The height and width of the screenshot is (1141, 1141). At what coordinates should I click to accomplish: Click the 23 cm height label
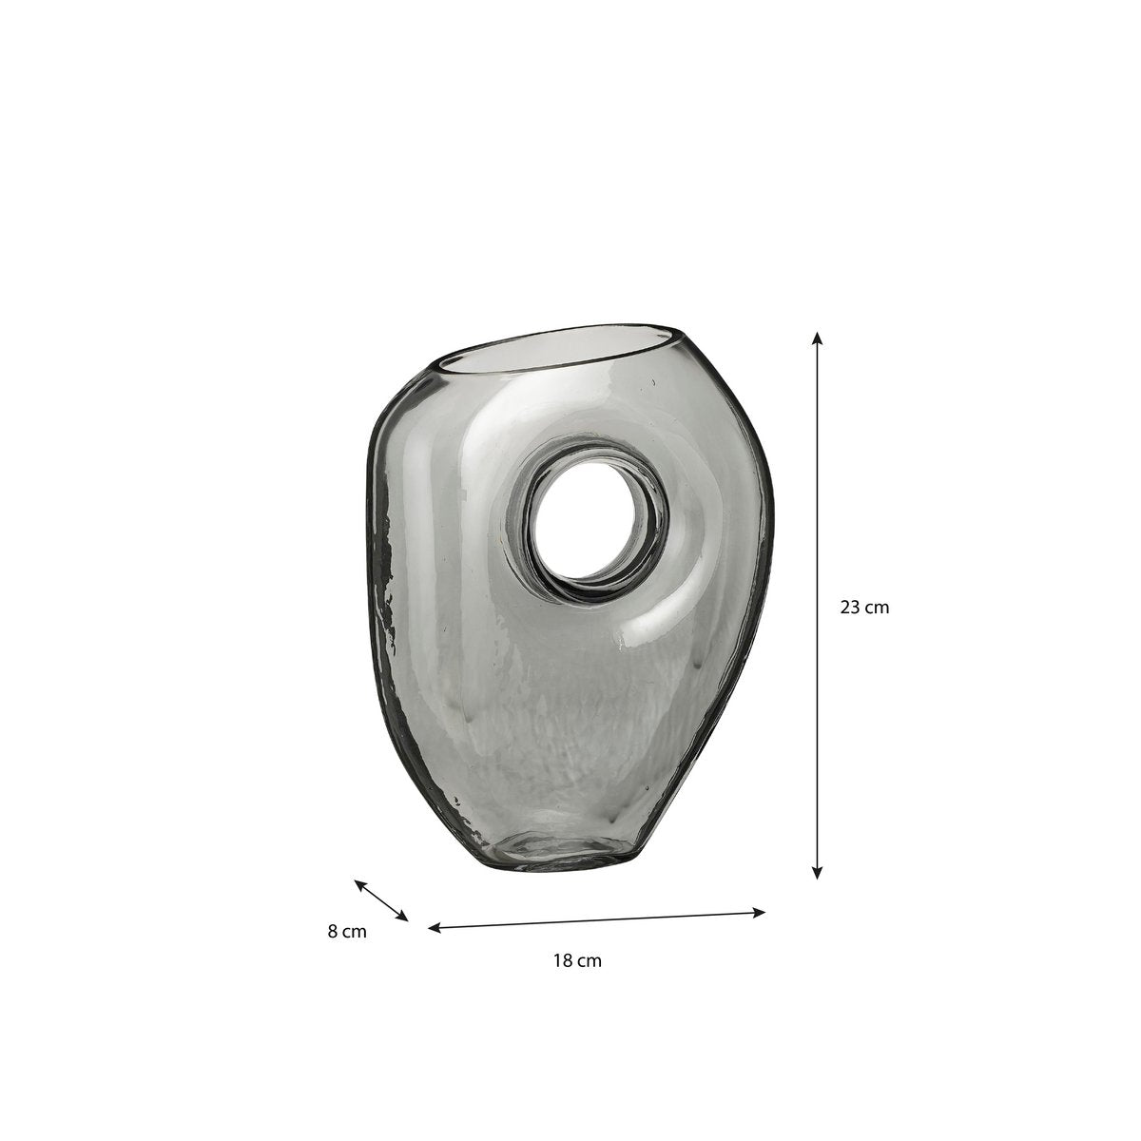[x=864, y=607]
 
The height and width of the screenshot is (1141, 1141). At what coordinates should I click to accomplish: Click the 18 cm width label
[x=577, y=960]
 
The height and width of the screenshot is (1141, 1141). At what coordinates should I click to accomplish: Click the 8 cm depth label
[x=347, y=932]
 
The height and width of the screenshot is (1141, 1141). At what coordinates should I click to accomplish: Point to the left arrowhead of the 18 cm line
[x=434, y=927]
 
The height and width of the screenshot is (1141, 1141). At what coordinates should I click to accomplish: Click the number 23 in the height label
[x=849, y=607]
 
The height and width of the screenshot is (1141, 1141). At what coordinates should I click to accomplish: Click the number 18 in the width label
[x=562, y=960]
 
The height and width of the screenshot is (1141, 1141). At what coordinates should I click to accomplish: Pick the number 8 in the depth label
[x=332, y=932]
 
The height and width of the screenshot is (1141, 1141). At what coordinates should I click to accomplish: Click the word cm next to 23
[x=877, y=607]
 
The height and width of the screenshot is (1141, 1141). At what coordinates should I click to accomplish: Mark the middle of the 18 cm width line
[x=597, y=919]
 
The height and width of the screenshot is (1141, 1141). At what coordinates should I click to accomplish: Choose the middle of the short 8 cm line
[x=381, y=900]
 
